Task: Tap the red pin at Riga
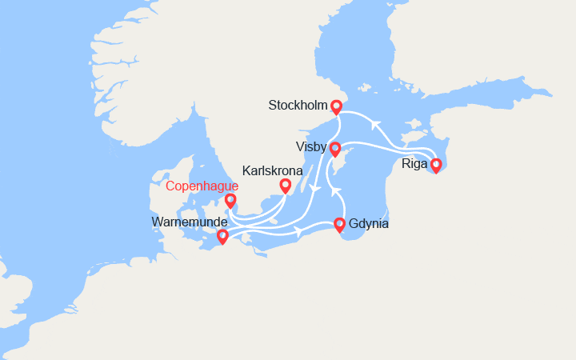[436, 166]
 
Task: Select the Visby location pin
[335, 148]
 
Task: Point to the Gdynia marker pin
[339, 224]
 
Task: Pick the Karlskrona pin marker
[285, 186]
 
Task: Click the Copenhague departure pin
[230, 200]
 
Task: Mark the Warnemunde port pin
[222, 236]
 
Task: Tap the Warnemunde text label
[189, 221]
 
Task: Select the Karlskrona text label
[272, 170]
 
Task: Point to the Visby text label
[310, 147]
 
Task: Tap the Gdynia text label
[369, 224]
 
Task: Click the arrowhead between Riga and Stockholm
[374, 122]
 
